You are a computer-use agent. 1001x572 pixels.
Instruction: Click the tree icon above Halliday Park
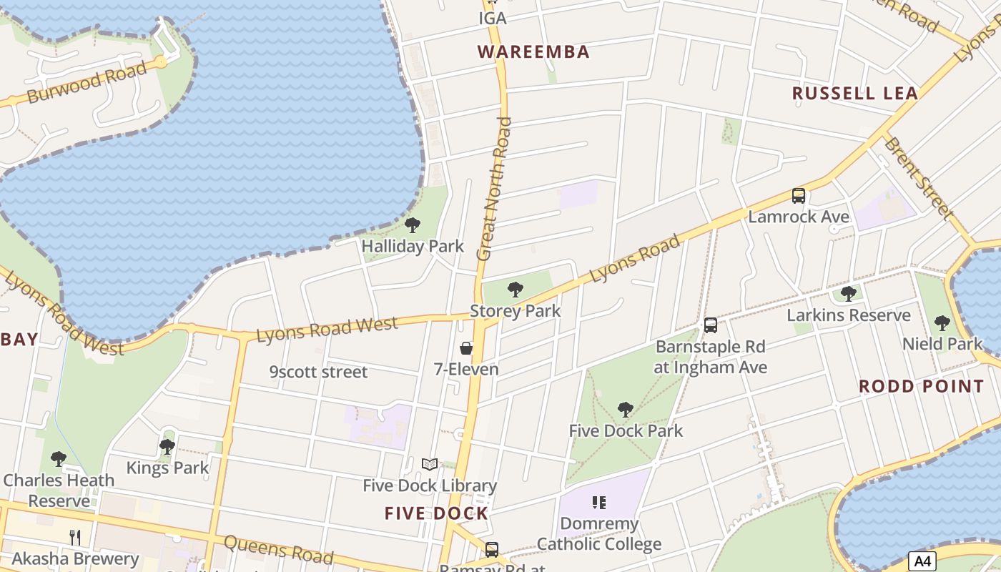pos(413,226)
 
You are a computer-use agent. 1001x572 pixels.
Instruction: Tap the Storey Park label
pos(515,311)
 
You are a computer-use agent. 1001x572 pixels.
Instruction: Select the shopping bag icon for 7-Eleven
pos(466,348)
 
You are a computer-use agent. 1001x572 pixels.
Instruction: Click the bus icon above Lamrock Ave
pos(799,196)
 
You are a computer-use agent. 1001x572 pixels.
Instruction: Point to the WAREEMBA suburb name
pos(533,52)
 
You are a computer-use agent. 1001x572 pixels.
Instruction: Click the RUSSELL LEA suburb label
pos(854,93)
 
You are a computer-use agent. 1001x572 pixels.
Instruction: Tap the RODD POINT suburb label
pos(921,387)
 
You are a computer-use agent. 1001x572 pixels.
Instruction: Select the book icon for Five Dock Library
pos(429,465)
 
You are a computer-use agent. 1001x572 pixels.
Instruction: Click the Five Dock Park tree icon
pos(626,410)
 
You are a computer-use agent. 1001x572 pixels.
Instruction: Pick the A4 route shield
pos(922,561)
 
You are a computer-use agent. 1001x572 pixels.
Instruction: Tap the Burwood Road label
pos(87,82)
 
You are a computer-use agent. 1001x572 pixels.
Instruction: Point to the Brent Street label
pos(919,177)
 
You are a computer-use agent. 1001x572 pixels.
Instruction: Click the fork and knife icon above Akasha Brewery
pos(75,537)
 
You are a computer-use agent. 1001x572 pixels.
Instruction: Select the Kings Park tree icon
pos(167,448)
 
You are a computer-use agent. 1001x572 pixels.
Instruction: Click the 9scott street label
pos(318,372)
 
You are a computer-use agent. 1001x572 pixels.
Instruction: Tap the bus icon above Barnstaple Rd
pos(710,325)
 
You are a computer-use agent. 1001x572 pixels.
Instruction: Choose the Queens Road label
pos(279,548)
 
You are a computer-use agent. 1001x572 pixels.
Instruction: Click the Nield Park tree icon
pos(942,323)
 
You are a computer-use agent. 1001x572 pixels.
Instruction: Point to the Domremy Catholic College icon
pos(599,503)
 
